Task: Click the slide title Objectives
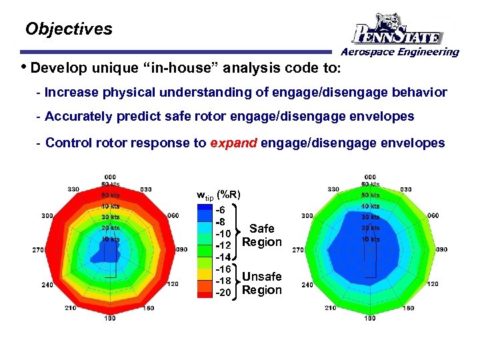[69, 29]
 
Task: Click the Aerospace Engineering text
[400, 52]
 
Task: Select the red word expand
[233, 143]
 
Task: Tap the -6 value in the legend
[221, 209]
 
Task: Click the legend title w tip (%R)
[218, 195]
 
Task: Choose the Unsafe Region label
[261, 283]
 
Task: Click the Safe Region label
[261, 235]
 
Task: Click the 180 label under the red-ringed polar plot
[110, 319]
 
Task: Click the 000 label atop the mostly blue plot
[370, 177]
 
